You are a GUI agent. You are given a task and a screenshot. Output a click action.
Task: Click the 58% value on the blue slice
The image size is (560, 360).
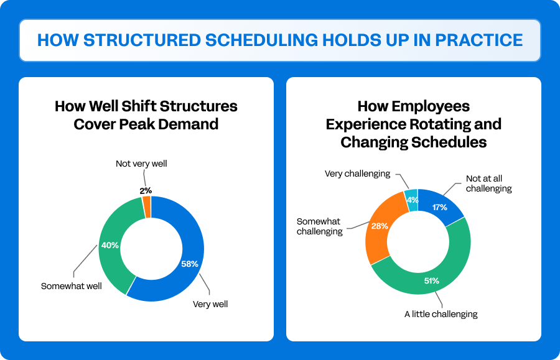(x=189, y=264)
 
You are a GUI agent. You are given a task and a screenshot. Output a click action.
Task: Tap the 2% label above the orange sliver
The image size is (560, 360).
(x=146, y=190)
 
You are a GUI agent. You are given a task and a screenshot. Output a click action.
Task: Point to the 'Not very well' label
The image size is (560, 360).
(x=141, y=164)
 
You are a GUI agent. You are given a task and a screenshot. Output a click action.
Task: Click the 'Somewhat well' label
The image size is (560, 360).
(x=71, y=286)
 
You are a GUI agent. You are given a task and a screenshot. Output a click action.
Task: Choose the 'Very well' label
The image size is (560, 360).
(x=210, y=304)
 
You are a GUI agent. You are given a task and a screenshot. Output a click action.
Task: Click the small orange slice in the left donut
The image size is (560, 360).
(x=147, y=207)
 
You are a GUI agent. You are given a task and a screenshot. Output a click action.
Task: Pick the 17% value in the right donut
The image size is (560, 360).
(x=439, y=207)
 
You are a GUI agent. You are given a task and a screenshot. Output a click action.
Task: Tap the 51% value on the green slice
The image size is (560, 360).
(x=431, y=280)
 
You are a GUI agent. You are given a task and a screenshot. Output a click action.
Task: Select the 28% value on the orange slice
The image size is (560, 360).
(x=380, y=226)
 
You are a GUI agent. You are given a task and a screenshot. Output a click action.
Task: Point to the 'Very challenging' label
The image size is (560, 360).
(x=357, y=173)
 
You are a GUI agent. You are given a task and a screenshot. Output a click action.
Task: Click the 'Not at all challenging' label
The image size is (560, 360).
(x=488, y=183)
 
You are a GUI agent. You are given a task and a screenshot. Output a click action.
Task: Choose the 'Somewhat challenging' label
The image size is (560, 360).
(x=319, y=226)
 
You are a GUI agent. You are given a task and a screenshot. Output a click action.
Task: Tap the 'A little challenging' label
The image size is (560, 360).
(x=441, y=314)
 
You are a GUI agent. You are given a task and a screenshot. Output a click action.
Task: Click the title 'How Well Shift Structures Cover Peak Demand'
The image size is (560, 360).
(x=146, y=114)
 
